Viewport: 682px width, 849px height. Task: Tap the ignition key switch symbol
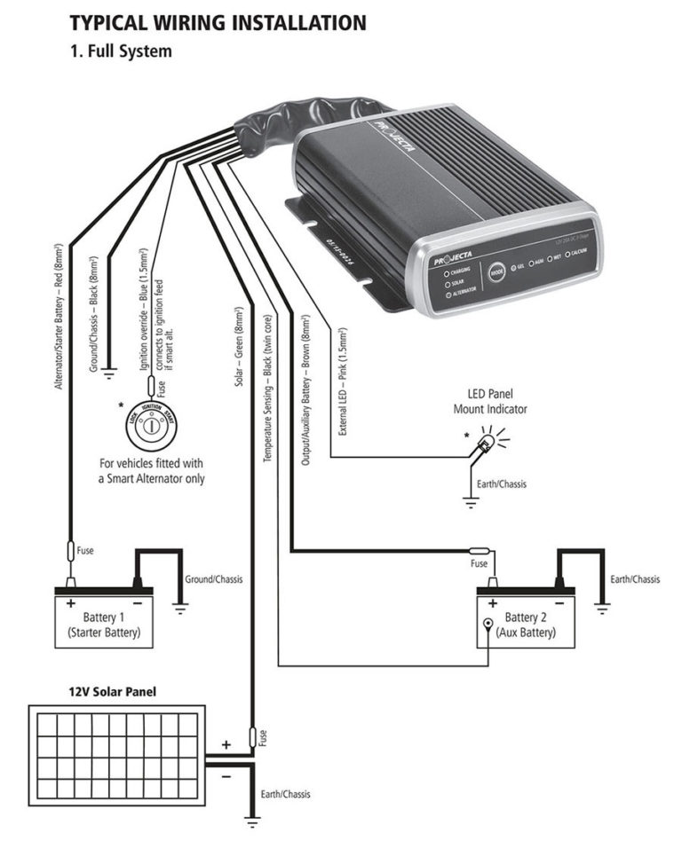point(148,426)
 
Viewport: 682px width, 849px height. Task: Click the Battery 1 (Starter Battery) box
point(105,624)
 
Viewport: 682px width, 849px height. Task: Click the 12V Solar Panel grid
point(116,751)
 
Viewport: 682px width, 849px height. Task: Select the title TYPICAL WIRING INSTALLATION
point(218,23)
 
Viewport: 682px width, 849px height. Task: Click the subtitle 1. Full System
point(121,51)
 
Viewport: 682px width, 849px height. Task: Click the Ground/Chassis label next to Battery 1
point(213,579)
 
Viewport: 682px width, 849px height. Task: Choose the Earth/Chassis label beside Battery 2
point(635,579)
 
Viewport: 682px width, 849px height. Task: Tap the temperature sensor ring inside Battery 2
point(487,625)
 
